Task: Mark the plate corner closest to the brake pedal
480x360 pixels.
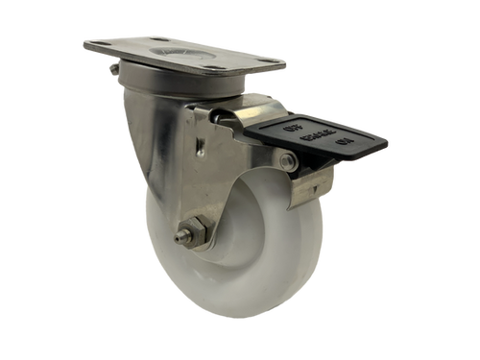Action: coord(284,65)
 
